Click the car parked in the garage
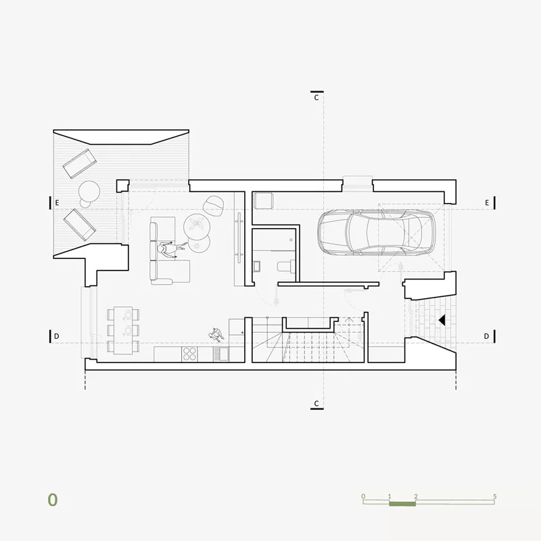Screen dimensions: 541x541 click(376, 232)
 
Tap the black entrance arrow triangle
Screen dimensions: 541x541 click(442, 321)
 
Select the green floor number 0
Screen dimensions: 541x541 click(53, 500)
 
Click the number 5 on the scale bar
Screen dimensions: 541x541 click(495, 496)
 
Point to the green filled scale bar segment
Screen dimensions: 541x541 click(402, 504)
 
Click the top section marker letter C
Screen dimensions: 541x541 click(316, 98)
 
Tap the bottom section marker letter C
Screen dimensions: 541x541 click(316, 404)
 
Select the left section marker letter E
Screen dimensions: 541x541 click(57, 203)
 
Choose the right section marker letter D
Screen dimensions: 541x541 click(486, 336)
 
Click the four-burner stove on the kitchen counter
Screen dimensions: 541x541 click(189, 354)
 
